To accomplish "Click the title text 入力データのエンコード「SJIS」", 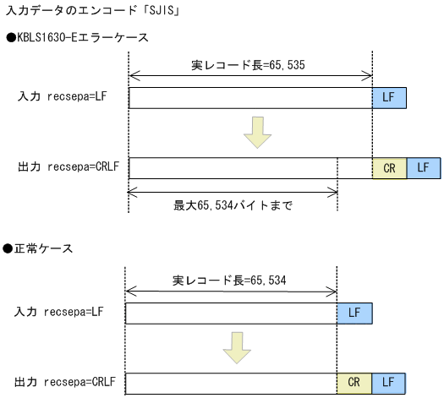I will pyautogui.click(x=94, y=12).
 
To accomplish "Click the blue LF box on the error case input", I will pyautogui.click(x=389, y=98).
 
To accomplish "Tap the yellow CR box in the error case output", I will pyautogui.click(x=389, y=168).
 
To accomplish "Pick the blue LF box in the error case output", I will pyautogui.click(x=424, y=168).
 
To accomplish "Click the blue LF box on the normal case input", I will pyautogui.click(x=354, y=314).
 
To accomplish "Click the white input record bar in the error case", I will pyautogui.click(x=250, y=98).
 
